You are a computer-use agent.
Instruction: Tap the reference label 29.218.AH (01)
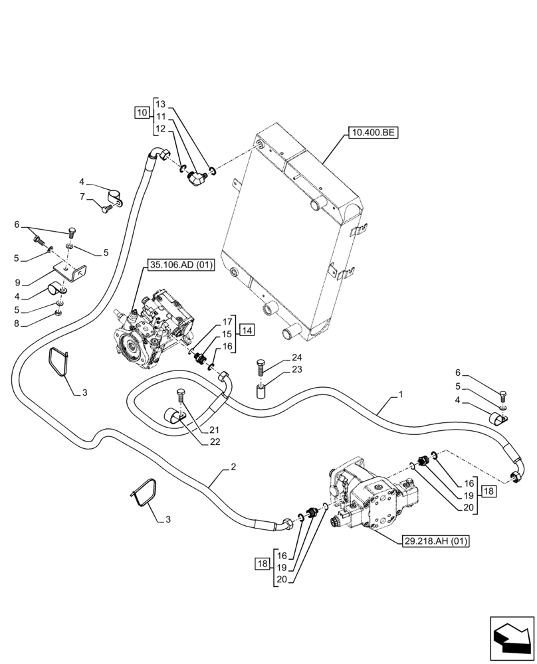click(x=435, y=541)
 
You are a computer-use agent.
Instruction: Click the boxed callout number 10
click(x=142, y=112)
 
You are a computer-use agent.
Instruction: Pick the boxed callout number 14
click(x=247, y=330)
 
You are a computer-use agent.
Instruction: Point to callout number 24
click(x=296, y=357)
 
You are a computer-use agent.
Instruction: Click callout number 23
click(x=296, y=369)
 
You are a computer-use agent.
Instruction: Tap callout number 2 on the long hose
click(x=233, y=467)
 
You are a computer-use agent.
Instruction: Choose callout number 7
click(x=82, y=197)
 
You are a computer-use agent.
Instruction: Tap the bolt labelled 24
click(x=261, y=367)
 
